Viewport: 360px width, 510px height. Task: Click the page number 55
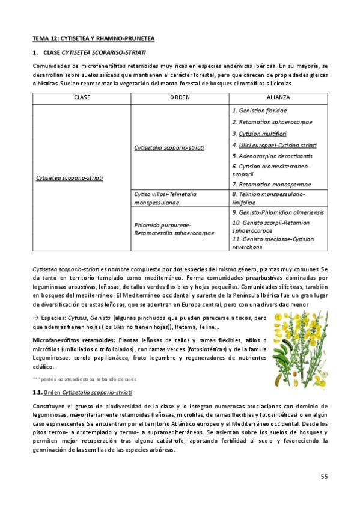(323, 477)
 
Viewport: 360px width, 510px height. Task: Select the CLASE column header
(82, 97)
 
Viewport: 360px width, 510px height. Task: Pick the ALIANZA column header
(278, 97)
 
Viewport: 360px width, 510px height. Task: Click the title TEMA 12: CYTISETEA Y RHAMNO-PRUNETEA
(93, 38)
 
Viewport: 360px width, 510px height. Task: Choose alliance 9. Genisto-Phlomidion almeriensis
(277, 212)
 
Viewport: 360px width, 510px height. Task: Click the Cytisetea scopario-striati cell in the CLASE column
(69, 178)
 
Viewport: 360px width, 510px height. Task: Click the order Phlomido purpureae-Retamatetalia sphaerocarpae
(171, 229)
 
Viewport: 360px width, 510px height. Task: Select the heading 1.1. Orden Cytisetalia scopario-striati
(82, 392)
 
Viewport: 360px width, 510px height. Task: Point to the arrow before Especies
(35, 317)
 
